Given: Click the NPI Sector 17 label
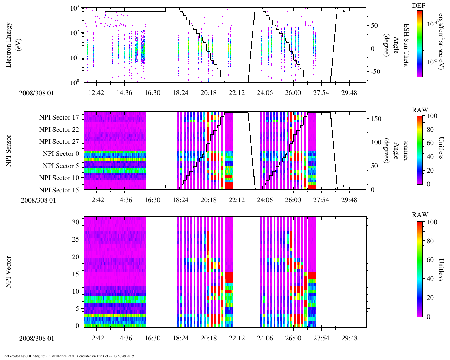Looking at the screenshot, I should (x=59, y=117).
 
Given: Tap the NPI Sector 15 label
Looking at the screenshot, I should (x=59, y=190).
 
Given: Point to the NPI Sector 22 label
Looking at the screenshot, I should (x=59, y=130).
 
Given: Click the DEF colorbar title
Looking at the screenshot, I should (x=418, y=5).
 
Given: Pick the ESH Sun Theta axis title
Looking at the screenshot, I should (x=406, y=45).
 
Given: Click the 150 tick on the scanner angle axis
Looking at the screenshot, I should (x=377, y=119).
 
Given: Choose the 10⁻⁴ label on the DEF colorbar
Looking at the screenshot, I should (x=432, y=24).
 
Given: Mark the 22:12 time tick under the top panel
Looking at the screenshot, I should (x=237, y=93).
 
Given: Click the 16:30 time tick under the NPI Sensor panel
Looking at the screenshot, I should (x=152, y=200).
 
